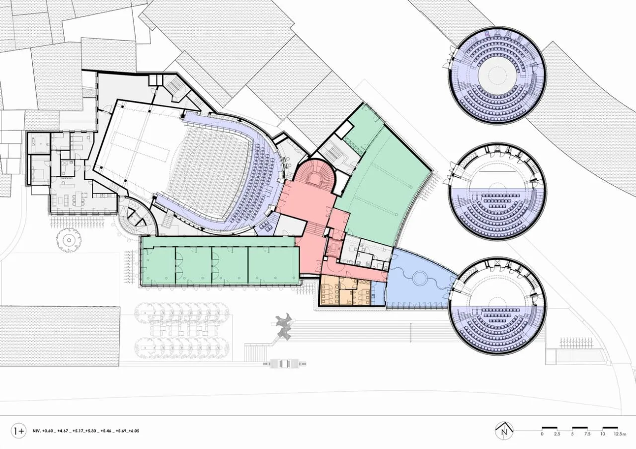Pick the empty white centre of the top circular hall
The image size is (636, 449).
click(497, 75)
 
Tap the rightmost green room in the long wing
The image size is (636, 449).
click(273, 265)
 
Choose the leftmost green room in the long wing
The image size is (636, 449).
click(159, 266)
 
